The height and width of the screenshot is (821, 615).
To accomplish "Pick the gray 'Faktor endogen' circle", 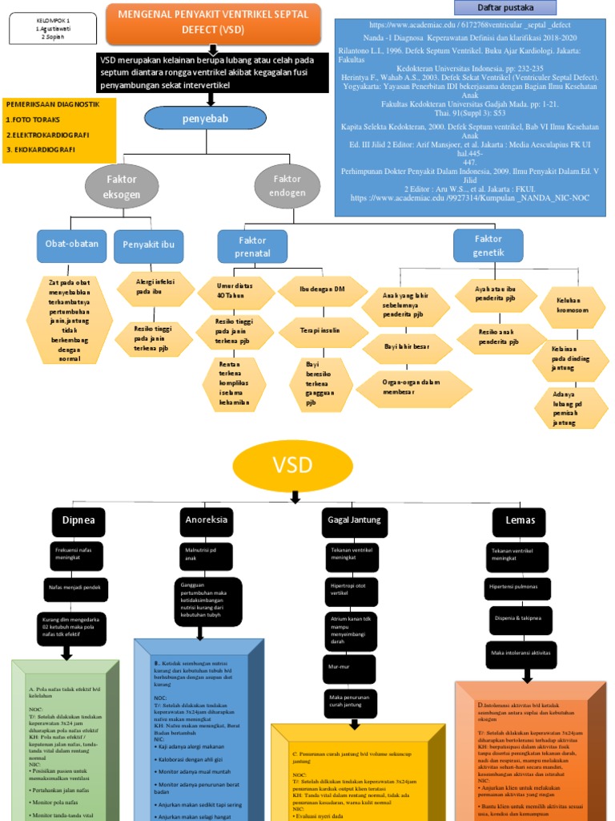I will point(287,187).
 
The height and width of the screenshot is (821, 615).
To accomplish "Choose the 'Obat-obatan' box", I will point(72,245).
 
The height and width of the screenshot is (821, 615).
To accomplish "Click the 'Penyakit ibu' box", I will point(148,245).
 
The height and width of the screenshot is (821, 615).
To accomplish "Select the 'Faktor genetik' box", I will point(488,245).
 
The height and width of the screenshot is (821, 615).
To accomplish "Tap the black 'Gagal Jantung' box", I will point(354,521).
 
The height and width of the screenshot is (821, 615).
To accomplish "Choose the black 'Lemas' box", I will point(521,521).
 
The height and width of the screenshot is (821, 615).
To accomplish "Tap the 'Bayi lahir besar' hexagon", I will point(408,349).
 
